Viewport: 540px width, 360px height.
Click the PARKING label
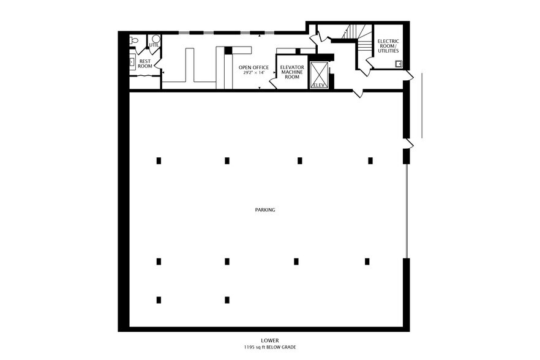point(265,210)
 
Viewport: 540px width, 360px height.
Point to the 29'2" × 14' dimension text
point(253,73)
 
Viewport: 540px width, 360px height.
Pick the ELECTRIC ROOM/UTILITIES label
point(387,46)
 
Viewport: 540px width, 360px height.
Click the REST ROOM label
point(145,64)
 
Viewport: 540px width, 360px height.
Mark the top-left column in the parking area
point(159,160)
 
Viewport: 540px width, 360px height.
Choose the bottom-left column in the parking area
point(159,300)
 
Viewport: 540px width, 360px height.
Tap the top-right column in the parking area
point(370,160)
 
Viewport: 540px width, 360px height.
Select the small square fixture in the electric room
point(398,62)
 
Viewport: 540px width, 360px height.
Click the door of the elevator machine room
point(273,81)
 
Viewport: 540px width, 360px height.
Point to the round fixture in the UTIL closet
point(156,38)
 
